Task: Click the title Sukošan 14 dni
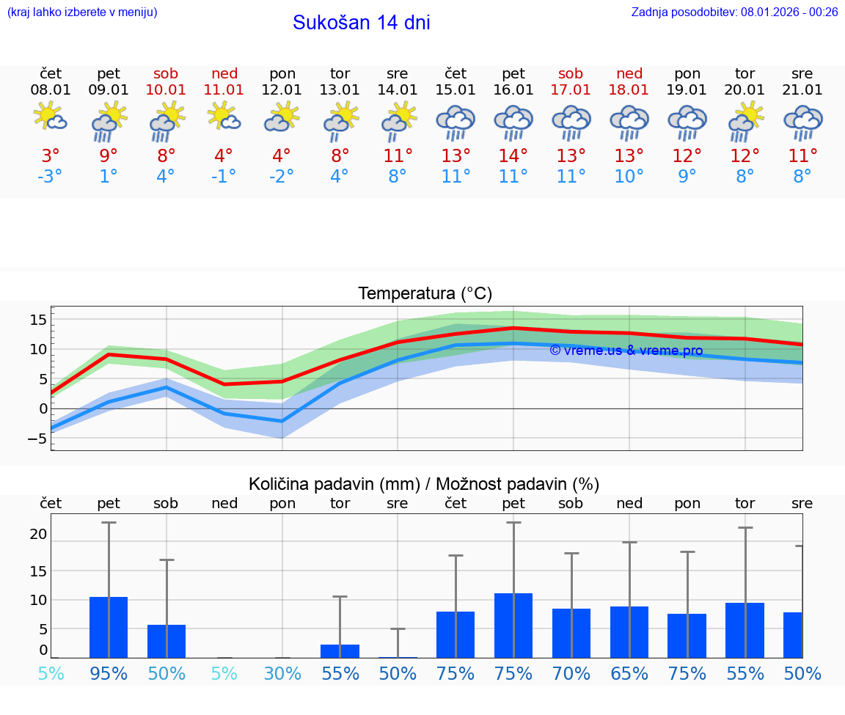pos(361,23)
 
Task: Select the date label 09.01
pos(109,90)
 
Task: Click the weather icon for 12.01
pos(282,117)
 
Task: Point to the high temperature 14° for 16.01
pos(513,155)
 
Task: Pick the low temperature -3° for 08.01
pos(51,177)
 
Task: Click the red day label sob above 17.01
pos(571,73)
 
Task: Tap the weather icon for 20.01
pos(745,121)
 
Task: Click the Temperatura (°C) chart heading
pos(425,293)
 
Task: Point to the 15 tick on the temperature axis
pos(38,319)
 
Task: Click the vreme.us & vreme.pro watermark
pos(626,351)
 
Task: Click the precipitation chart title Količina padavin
pos(424,484)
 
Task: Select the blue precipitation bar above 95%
pos(109,627)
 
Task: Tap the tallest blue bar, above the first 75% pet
pos(513,626)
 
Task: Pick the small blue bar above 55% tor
pos(340,651)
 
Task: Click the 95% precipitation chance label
pos(109,673)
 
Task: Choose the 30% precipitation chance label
pos(282,673)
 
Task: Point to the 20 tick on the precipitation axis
pos(38,535)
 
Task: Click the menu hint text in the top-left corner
pos(82,12)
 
